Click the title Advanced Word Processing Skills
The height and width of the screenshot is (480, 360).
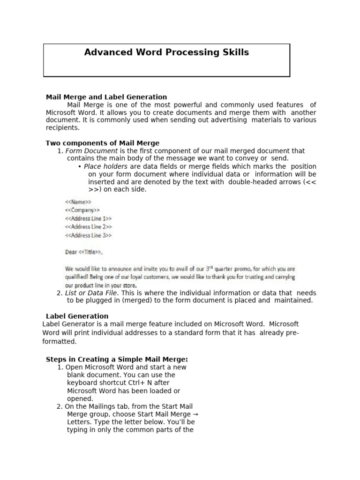click(166, 52)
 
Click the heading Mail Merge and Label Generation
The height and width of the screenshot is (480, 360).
click(106, 97)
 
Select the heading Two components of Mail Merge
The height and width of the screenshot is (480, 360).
click(102, 143)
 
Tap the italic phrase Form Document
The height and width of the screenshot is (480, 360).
click(91, 151)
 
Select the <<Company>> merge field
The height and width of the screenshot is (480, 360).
click(82, 210)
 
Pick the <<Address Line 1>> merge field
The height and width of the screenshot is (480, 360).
click(88, 218)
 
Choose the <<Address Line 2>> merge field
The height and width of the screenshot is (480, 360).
click(88, 227)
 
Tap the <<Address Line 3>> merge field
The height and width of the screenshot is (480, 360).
click(88, 235)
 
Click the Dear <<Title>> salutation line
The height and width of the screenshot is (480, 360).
click(83, 252)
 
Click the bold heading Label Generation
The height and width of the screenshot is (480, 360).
click(77, 316)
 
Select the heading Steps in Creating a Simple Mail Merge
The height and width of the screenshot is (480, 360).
click(117, 359)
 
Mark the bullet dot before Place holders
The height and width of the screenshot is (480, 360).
click(80, 167)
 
